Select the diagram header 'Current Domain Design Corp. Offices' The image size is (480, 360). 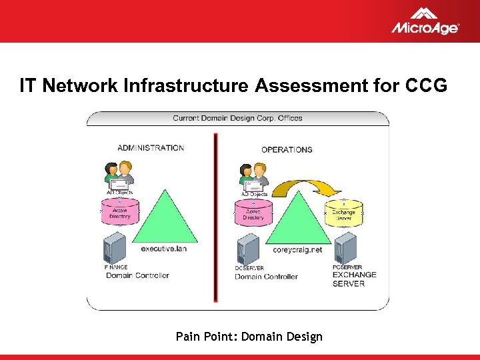tap(237, 118)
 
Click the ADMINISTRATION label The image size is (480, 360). tap(151, 148)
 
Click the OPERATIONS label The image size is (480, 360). tap(287, 149)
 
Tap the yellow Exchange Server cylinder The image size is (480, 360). tap(344, 213)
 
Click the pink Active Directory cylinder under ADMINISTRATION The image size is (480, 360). tap(119, 211)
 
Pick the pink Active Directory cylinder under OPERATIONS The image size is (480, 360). tap(253, 213)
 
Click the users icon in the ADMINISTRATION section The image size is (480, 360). tap(119, 175)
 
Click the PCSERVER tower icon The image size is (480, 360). tap(345, 248)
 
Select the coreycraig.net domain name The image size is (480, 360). tap(297, 250)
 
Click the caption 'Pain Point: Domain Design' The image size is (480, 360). tap(249, 337)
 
